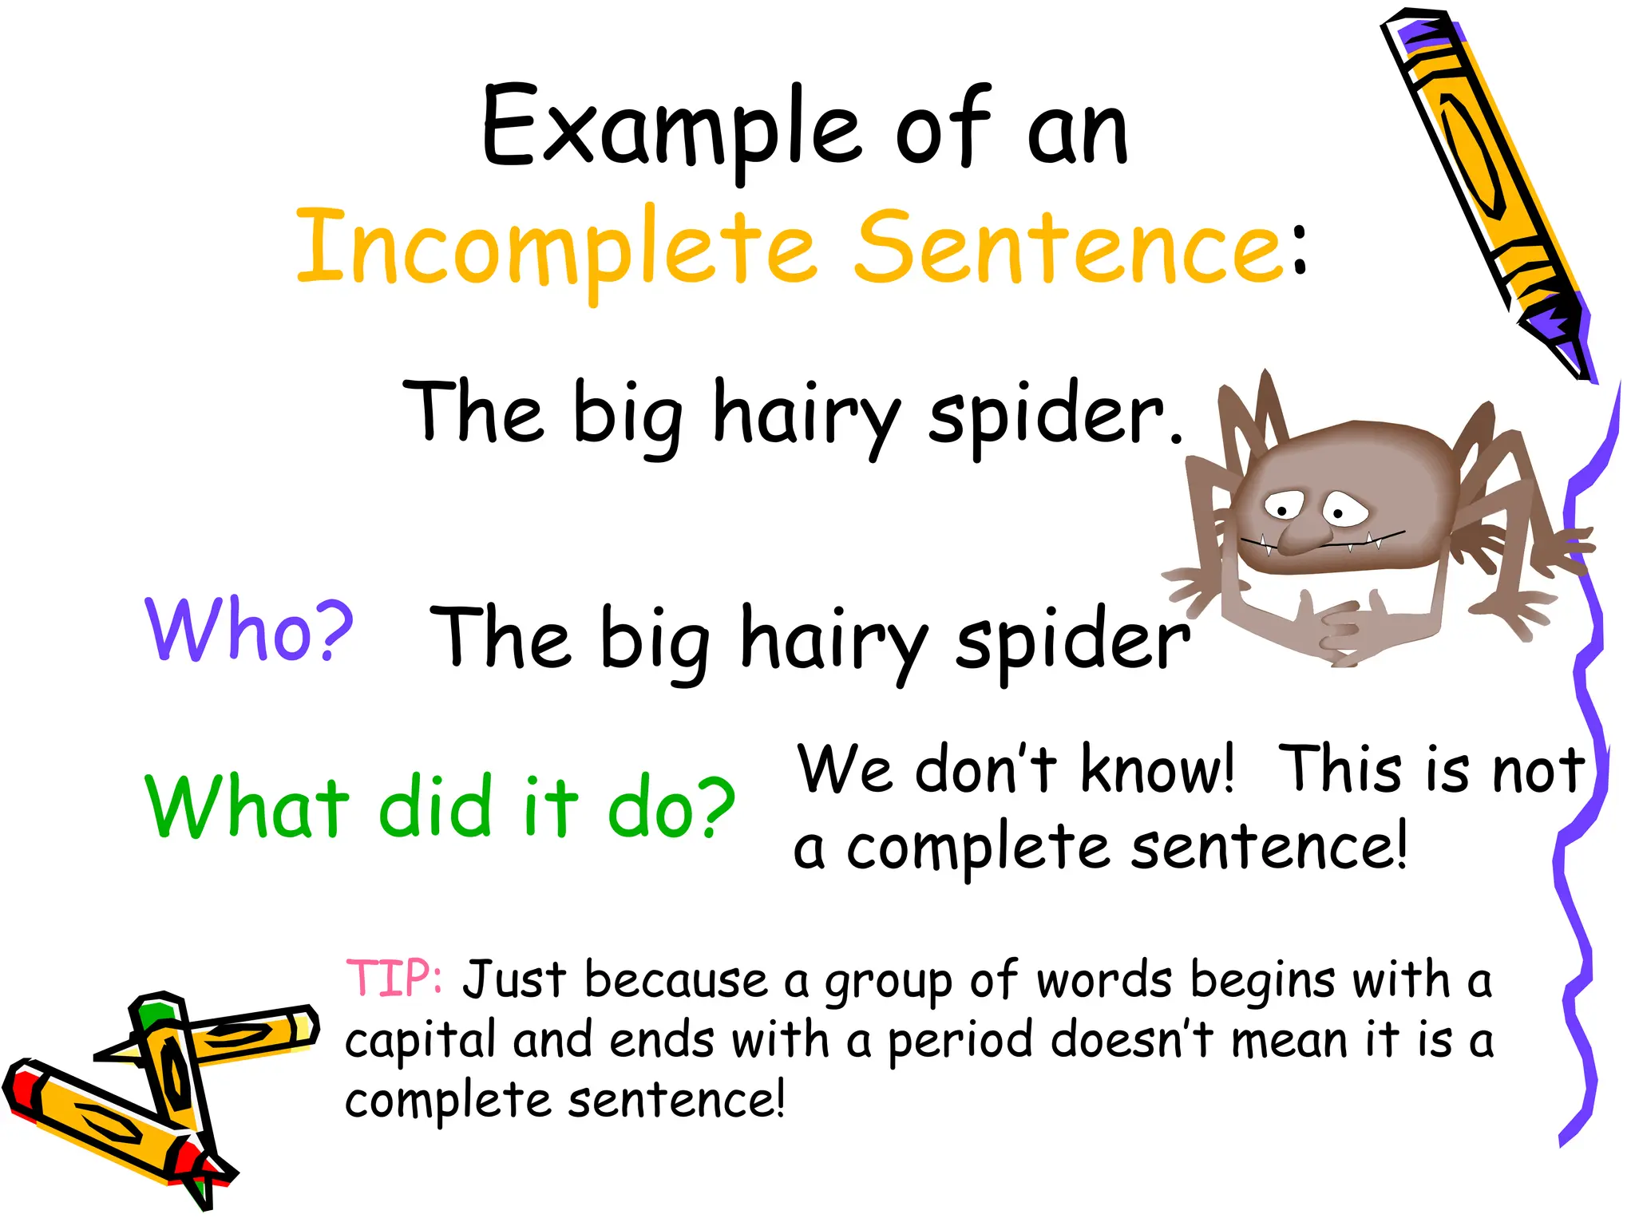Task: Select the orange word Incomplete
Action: pos(556,247)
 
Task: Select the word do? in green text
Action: pos(671,808)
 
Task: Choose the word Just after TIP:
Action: pos(515,980)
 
